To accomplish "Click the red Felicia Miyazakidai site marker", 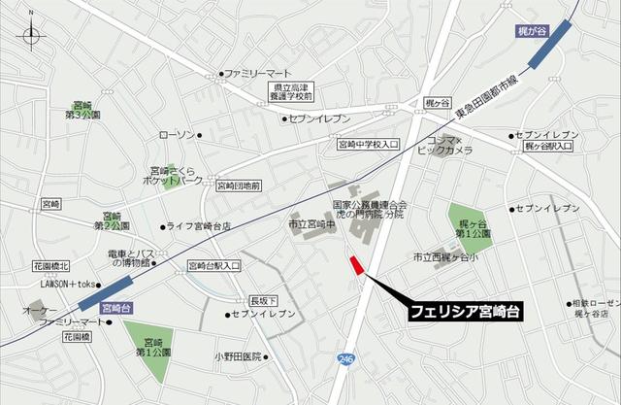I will click(x=355, y=265).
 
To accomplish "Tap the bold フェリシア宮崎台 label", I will click(x=465, y=313).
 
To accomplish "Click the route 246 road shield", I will click(x=346, y=359).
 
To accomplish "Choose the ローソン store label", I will click(x=177, y=135).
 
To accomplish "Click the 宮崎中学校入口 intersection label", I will click(x=368, y=145).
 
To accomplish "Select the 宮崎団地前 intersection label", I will click(x=237, y=185).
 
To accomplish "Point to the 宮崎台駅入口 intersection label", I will click(x=213, y=264).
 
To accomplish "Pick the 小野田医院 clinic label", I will click(x=239, y=355).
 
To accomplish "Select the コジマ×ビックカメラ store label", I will click(x=444, y=147).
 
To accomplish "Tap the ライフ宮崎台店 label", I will click(x=199, y=226).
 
